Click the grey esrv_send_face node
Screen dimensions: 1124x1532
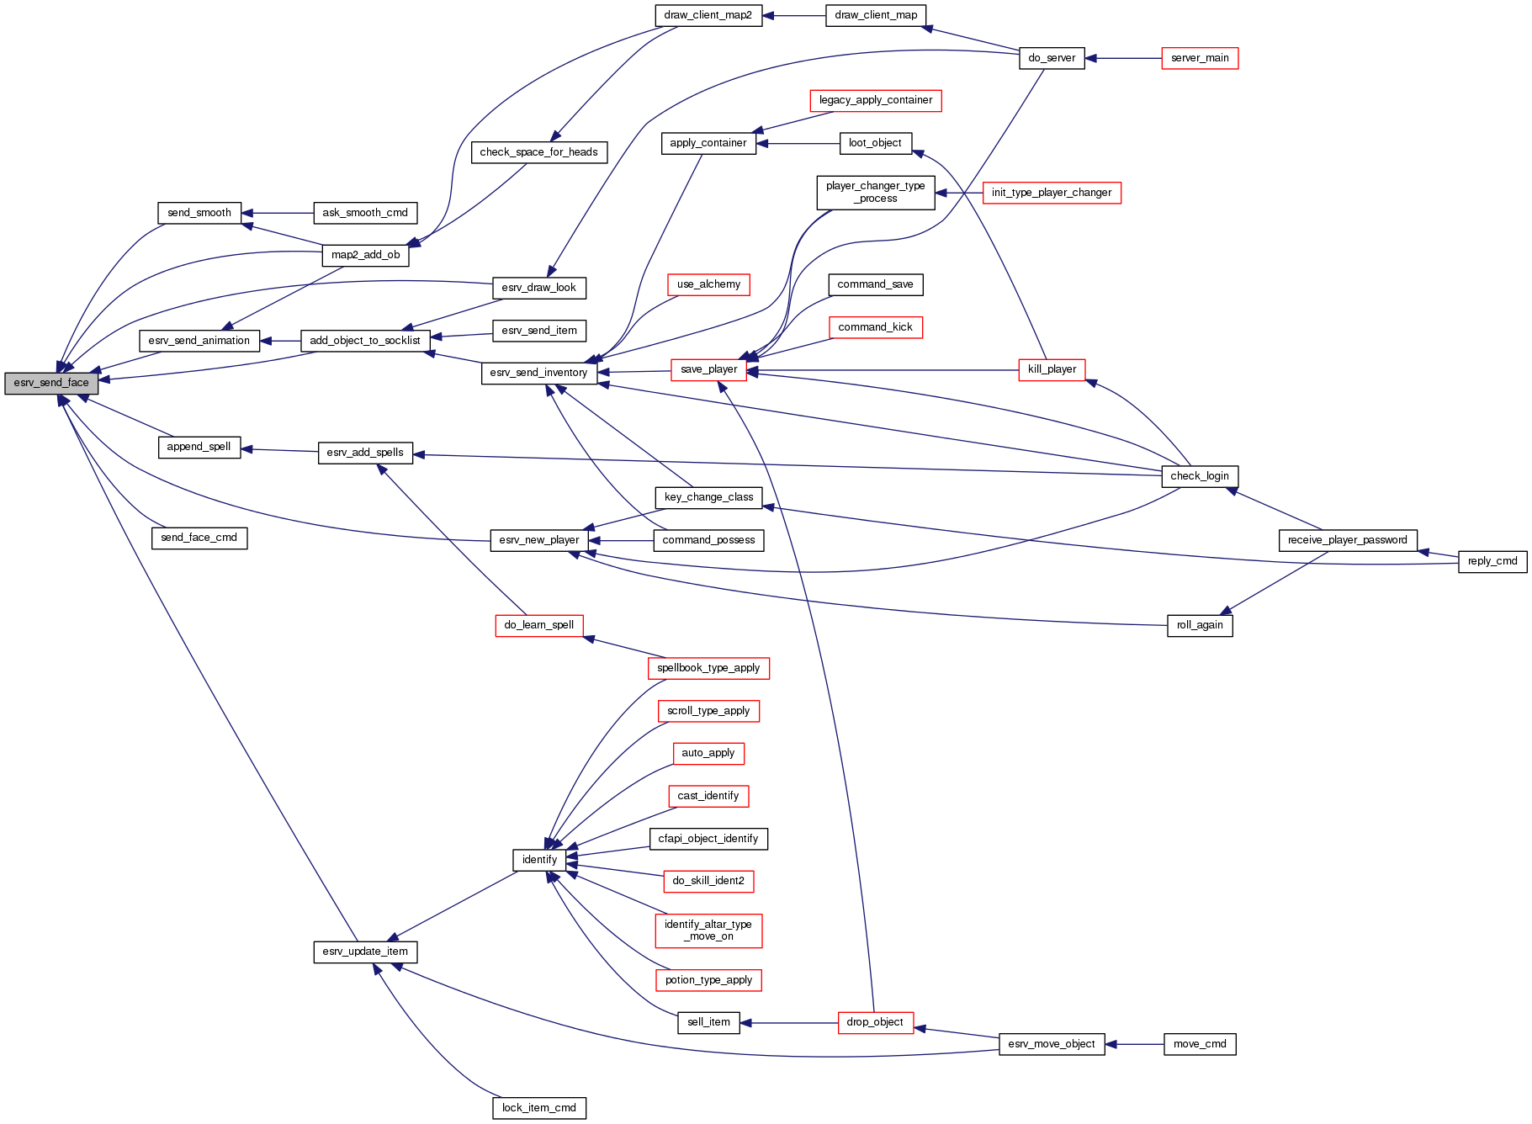[51, 383]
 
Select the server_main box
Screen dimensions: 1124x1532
[1200, 58]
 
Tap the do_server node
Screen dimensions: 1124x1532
[1052, 58]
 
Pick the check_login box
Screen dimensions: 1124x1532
[1199, 476]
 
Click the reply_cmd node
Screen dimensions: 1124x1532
[1492, 561]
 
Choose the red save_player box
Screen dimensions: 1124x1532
[708, 369]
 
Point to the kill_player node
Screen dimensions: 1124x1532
[1052, 369]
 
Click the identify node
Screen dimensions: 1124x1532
[539, 860]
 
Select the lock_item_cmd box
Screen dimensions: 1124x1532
[539, 1108]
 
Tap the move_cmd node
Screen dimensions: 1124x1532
[1200, 1044]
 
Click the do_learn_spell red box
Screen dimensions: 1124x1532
[539, 625]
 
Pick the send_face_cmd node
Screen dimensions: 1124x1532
[199, 538]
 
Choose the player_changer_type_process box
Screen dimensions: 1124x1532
[875, 193]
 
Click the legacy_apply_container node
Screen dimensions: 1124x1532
[876, 100]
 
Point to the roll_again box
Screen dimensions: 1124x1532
[1200, 625]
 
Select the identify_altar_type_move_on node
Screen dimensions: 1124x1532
[708, 930]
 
